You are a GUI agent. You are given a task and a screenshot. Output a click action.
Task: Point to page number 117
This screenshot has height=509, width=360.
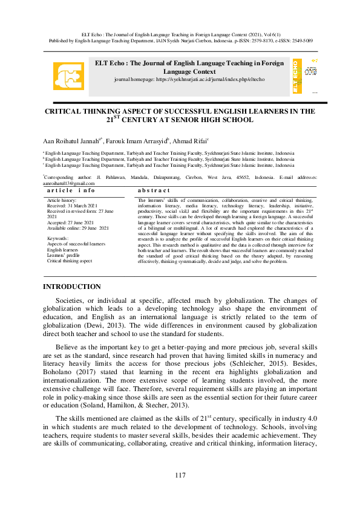click(180, 475)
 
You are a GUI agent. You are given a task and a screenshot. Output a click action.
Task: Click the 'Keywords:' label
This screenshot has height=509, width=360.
click(58, 239)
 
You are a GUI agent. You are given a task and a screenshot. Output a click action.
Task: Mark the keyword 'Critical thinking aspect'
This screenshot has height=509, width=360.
click(70, 261)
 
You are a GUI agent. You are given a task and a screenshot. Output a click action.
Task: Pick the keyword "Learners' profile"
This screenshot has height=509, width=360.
click(64, 255)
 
